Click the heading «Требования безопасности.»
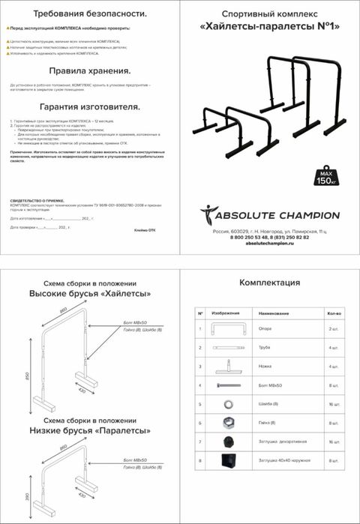click(x=90, y=13)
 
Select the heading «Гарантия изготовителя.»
click(x=90, y=106)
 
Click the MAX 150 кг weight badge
click(x=325, y=178)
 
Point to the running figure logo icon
click(x=208, y=215)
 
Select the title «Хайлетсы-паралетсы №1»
click(x=270, y=28)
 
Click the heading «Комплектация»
click(x=269, y=283)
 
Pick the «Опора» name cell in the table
click(x=267, y=328)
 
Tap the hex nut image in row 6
click(x=226, y=423)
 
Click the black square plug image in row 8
click(x=226, y=461)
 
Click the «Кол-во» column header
click(x=334, y=313)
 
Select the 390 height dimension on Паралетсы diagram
click(x=27, y=498)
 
